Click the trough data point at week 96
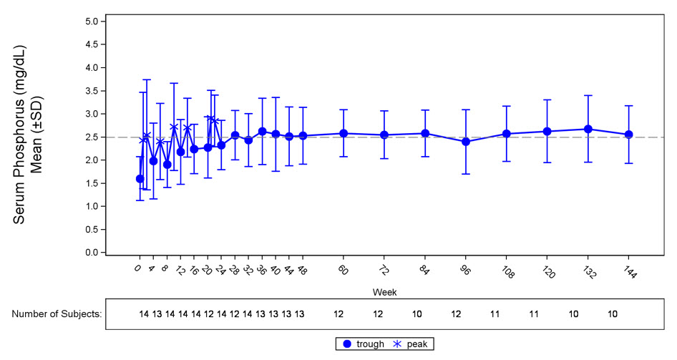(x=466, y=142)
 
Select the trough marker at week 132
(x=588, y=130)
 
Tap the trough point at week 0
(x=140, y=179)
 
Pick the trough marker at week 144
(x=629, y=135)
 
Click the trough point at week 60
(x=344, y=134)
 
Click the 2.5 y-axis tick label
(x=91, y=137)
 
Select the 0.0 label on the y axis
(x=91, y=253)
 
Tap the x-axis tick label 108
(x=505, y=273)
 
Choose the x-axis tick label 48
(x=302, y=271)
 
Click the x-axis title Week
(x=381, y=293)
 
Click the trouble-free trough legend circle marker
(x=347, y=344)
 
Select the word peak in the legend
(x=417, y=344)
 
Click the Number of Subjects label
(x=57, y=313)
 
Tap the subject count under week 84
(x=417, y=313)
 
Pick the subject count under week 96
(x=456, y=313)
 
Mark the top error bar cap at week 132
(x=588, y=95)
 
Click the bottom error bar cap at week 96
(x=466, y=174)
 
